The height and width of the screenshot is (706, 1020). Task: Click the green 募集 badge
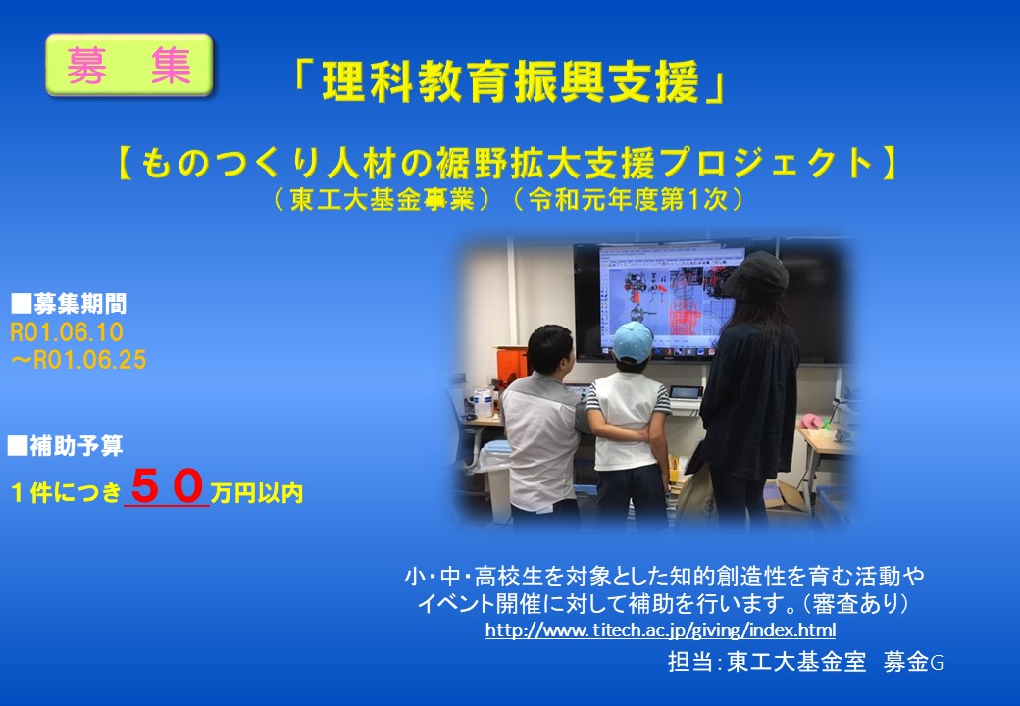(x=129, y=66)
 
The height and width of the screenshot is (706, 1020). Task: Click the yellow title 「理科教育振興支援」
(x=507, y=82)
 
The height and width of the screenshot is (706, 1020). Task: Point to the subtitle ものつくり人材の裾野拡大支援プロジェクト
(x=507, y=163)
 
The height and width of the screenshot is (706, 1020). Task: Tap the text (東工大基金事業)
(x=382, y=200)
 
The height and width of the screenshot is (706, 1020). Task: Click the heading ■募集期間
(x=69, y=304)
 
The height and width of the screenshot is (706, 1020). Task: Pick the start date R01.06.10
(x=67, y=332)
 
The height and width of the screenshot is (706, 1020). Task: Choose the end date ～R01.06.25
(x=78, y=360)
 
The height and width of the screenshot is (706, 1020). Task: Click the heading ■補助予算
(x=65, y=446)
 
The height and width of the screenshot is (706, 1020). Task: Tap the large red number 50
(x=167, y=487)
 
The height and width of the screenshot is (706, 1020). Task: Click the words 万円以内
(x=257, y=493)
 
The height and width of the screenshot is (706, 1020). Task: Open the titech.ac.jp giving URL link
(x=660, y=630)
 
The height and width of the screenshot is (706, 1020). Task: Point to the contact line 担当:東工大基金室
(x=767, y=662)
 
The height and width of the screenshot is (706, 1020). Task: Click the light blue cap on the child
(x=632, y=342)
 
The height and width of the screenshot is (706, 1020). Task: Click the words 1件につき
(x=66, y=493)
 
